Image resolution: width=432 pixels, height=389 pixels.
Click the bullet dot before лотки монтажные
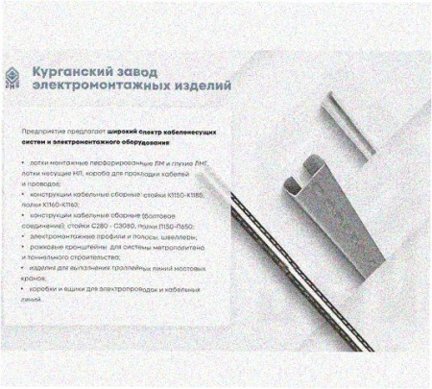22,164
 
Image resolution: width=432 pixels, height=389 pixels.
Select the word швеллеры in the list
175,236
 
